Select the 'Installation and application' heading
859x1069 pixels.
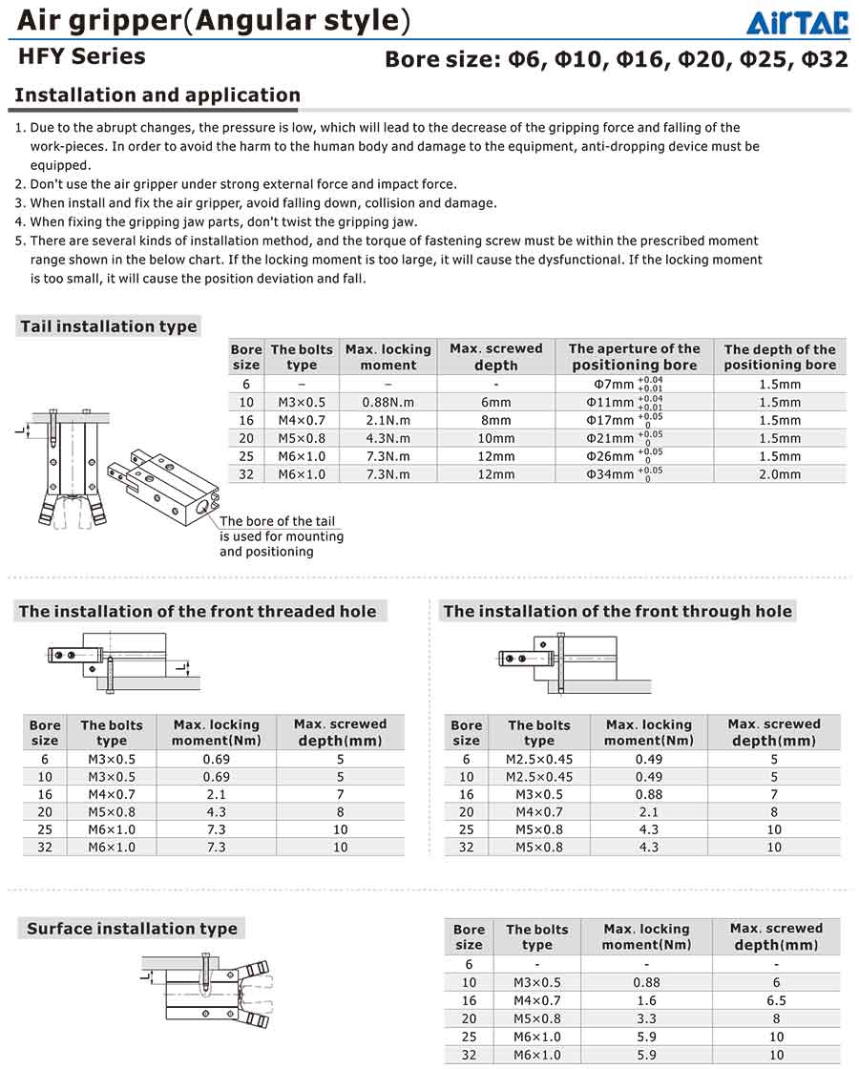pyautogui.click(x=157, y=95)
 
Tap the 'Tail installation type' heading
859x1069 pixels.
pyautogui.click(x=109, y=326)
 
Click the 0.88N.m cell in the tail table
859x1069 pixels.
pyautogui.click(x=388, y=402)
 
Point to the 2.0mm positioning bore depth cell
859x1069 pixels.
pyautogui.click(x=779, y=473)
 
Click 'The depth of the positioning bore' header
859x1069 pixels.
pyautogui.click(x=779, y=357)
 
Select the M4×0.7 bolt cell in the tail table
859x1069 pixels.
pyautogui.click(x=301, y=420)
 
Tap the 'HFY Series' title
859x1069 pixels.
pyautogui.click(x=82, y=56)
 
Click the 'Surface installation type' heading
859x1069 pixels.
pyautogui.click(x=132, y=929)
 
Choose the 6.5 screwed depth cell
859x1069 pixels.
pyautogui.click(x=776, y=1000)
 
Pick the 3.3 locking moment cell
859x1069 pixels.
pyautogui.click(x=646, y=1018)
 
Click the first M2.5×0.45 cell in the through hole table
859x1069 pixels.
pyautogui.click(x=538, y=760)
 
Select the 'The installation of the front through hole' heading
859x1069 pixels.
pyautogui.click(x=618, y=611)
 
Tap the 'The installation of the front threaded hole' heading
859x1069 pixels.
pyautogui.click(x=198, y=611)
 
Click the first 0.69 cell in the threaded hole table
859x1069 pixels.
pyautogui.click(x=216, y=760)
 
